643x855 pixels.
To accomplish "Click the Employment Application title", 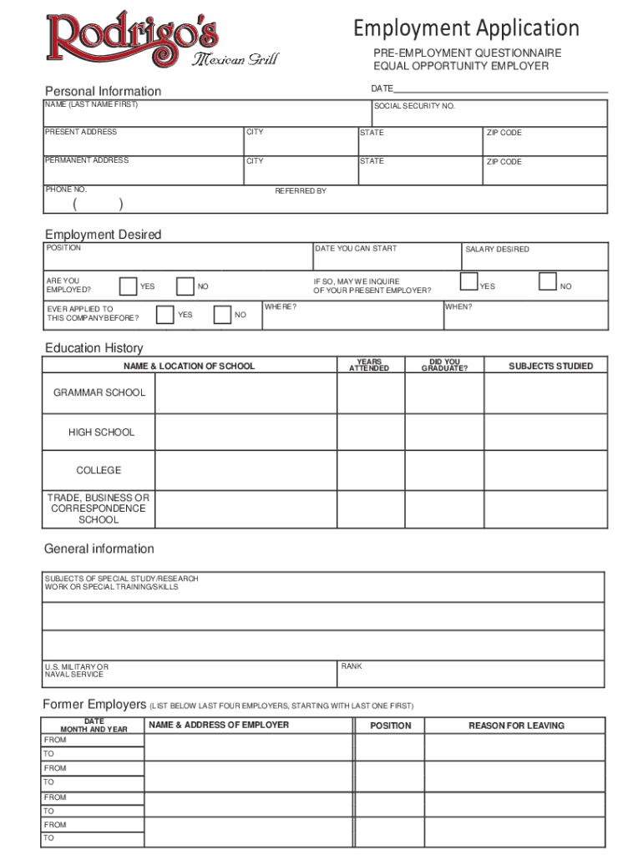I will coord(466,28).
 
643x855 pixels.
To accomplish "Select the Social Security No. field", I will coord(489,114).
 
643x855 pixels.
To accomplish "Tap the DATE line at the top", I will coord(499,89).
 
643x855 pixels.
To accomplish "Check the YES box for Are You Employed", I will coord(128,286).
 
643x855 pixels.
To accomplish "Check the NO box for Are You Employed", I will coord(185,286).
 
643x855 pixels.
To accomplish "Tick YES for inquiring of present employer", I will coord(469,281).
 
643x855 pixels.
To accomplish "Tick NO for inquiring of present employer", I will coord(548,281).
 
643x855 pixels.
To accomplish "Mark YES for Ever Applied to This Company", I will coord(165,315).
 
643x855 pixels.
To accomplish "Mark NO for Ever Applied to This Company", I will coord(222,315).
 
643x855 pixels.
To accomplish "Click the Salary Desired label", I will coord(497,250).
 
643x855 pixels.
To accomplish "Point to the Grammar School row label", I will coord(99,392).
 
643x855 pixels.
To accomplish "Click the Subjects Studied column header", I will coord(550,366).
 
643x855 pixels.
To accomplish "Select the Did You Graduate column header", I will coord(444,366).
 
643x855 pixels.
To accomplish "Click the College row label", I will coord(99,470).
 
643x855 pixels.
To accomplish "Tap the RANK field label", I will coord(352,666).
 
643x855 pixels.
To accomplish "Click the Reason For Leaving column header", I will coord(516,726).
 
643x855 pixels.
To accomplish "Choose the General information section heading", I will coord(99,549).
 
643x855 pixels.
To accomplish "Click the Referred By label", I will coord(301,191).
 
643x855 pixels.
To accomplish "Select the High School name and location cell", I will coord(246,433).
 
